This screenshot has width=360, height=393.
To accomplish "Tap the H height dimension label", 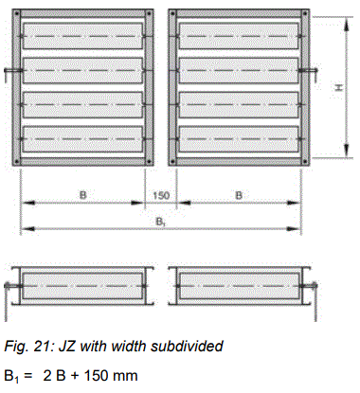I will coord(337,87).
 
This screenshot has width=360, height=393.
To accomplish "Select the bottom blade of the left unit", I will coord(83,140).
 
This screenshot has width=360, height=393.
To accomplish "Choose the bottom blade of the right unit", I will coord(239,140).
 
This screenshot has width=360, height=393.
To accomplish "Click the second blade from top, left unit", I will coord(83,69).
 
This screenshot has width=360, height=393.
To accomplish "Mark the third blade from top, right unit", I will coord(239,104).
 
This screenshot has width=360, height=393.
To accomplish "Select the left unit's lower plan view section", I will coord(83,283).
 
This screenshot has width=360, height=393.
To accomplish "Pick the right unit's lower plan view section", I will coord(239,283).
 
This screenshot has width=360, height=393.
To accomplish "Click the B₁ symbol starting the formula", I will coord(11,377).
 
